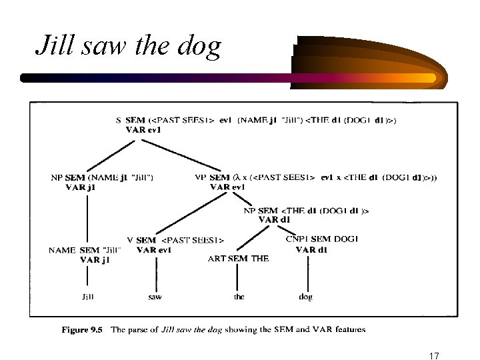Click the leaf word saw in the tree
coord(154,297)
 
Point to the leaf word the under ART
coord(239,297)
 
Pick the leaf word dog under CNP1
coord(306,297)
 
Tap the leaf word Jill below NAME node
coord(87,297)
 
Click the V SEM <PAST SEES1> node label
coord(175,240)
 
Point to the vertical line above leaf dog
coord(306,273)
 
